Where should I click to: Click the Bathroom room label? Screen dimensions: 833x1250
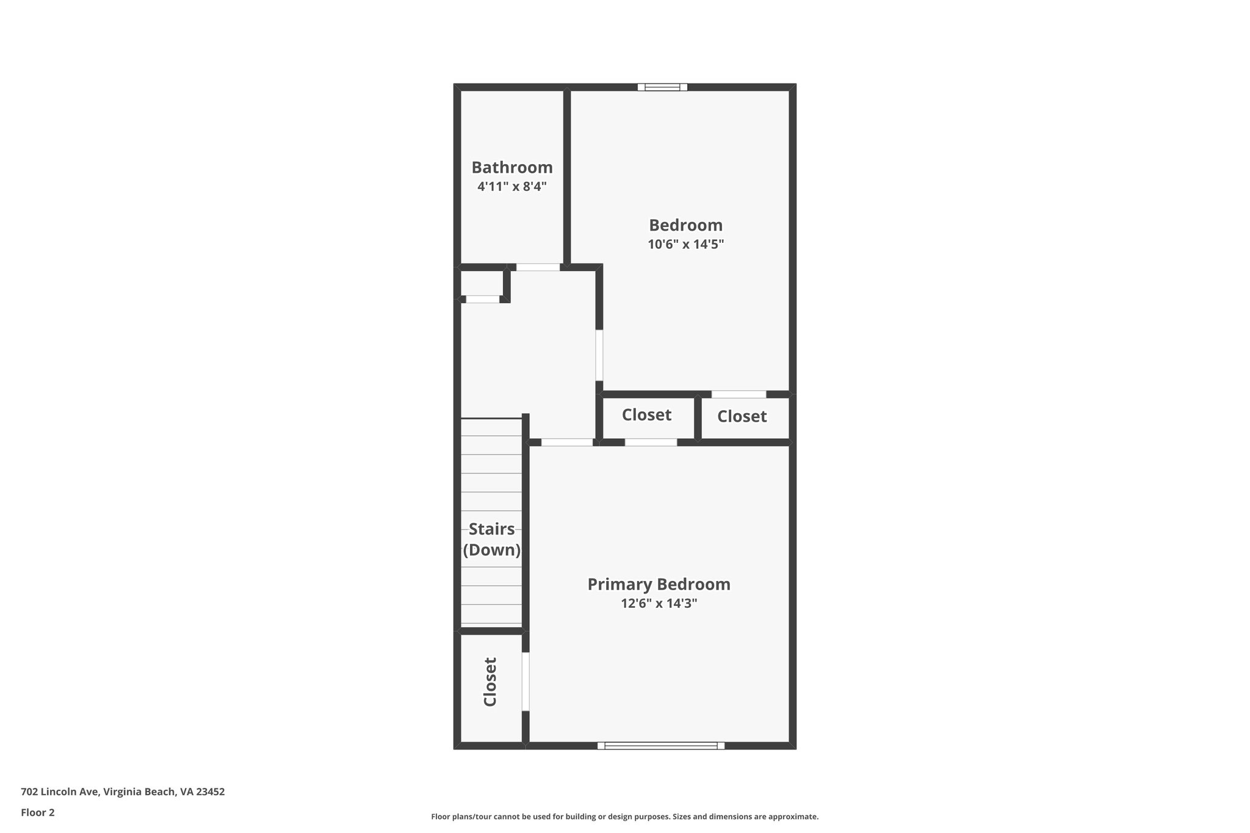pyautogui.click(x=512, y=167)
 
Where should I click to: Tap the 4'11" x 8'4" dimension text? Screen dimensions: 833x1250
pyautogui.click(x=511, y=186)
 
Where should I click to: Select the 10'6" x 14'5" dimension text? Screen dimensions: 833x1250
pyautogui.click(x=685, y=245)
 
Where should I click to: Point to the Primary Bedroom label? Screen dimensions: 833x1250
pyautogui.click(x=659, y=584)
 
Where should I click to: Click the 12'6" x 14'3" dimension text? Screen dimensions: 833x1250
pyautogui.click(x=659, y=604)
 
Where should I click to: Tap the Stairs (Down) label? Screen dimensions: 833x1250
pyautogui.click(x=491, y=539)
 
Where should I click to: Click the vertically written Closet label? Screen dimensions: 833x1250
pyautogui.click(x=490, y=682)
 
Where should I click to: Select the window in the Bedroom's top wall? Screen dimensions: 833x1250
pyautogui.click(x=662, y=87)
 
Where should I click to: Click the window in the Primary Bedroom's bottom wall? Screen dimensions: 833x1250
pyautogui.click(x=661, y=745)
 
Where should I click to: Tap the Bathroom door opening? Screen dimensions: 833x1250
pyautogui.click(x=538, y=267)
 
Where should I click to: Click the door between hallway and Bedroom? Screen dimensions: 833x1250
pyautogui.click(x=599, y=355)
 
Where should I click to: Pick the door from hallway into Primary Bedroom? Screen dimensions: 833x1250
pyautogui.click(x=567, y=442)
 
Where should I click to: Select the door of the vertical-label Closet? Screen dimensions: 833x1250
pyautogui.click(x=525, y=681)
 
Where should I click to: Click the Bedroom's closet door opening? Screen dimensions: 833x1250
pyautogui.click(x=739, y=394)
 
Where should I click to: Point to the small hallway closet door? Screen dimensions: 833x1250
pyautogui.click(x=482, y=299)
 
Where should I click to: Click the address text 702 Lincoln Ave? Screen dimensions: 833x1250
pyautogui.click(x=123, y=792)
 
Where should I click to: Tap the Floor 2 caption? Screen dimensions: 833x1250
pyautogui.click(x=38, y=812)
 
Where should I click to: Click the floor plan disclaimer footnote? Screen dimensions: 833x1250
pyautogui.click(x=624, y=817)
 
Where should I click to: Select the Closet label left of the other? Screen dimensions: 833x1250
pyautogui.click(x=646, y=415)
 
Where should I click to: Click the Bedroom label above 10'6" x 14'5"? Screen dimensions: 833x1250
pyautogui.click(x=685, y=225)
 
